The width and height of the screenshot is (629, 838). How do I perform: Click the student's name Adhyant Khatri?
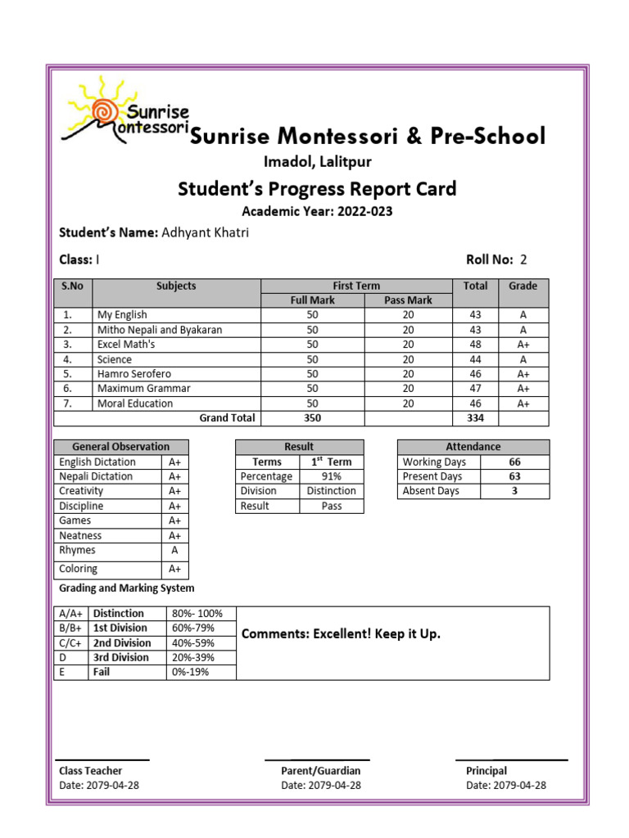point(205,233)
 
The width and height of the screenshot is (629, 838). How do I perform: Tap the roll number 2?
point(523,260)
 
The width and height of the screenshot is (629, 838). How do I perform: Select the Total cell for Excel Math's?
point(475,345)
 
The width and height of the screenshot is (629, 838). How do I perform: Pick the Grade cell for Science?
point(523,359)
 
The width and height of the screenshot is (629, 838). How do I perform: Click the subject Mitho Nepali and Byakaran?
point(160,330)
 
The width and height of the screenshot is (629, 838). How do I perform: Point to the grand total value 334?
point(475,418)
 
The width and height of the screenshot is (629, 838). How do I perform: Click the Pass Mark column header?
point(408,300)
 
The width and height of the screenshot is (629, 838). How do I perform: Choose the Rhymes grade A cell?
point(174,551)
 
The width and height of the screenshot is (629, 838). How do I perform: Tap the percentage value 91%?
point(332,476)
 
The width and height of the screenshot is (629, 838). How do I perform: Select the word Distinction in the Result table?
point(332,491)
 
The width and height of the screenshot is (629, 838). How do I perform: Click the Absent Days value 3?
point(514,491)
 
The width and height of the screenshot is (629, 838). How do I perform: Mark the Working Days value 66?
point(514,462)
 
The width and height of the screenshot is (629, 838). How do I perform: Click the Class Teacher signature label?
point(90,771)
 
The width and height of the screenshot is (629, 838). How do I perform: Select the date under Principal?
point(505,786)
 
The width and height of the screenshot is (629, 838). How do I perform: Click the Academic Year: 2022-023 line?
point(317,212)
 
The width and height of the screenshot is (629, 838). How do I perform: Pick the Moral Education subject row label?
point(135,403)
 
